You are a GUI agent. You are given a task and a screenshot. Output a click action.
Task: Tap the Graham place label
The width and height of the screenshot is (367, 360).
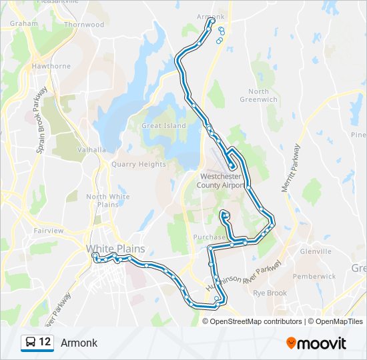point(24,23)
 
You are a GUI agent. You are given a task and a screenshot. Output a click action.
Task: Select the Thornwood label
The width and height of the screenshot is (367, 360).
point(83,25)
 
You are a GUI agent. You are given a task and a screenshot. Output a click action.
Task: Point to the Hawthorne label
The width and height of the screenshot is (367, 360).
point(51,66)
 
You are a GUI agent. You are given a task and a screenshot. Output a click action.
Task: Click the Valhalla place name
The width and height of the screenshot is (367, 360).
point(91,150)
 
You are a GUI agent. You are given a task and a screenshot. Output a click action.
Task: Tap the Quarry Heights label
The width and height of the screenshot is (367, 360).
point(139,164)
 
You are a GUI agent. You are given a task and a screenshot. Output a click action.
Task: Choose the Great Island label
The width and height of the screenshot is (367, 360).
point(164,125)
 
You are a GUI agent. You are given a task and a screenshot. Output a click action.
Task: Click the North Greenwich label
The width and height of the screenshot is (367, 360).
point(259,95)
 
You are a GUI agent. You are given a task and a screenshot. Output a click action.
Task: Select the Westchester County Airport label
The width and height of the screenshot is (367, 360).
point(223,181)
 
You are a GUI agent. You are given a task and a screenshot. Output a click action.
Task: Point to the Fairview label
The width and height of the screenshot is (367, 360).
point(48,231)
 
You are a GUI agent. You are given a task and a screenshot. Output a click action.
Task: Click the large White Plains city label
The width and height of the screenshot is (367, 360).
point(115,249)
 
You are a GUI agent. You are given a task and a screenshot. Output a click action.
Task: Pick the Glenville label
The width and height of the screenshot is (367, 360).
point(316,252)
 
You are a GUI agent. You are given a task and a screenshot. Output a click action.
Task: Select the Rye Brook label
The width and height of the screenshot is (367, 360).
point(270,293)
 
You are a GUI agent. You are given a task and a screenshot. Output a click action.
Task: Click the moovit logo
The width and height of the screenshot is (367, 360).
point(316,343)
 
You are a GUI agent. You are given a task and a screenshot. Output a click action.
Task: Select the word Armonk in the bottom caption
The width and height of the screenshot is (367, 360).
point(79,343)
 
